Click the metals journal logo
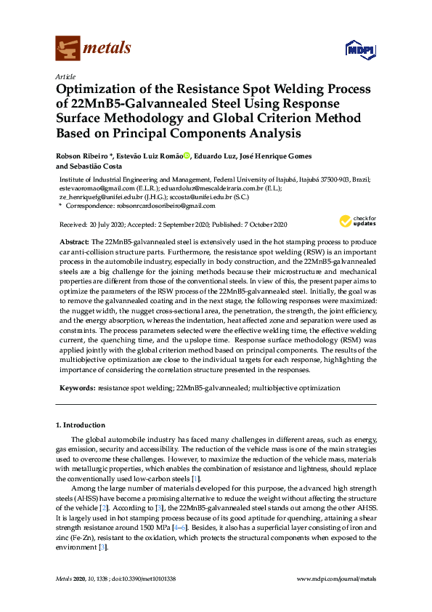93,48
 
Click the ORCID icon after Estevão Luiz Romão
187,156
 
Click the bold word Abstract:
74,241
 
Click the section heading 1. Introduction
80,425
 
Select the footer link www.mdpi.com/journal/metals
337,579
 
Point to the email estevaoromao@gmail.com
91,188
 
